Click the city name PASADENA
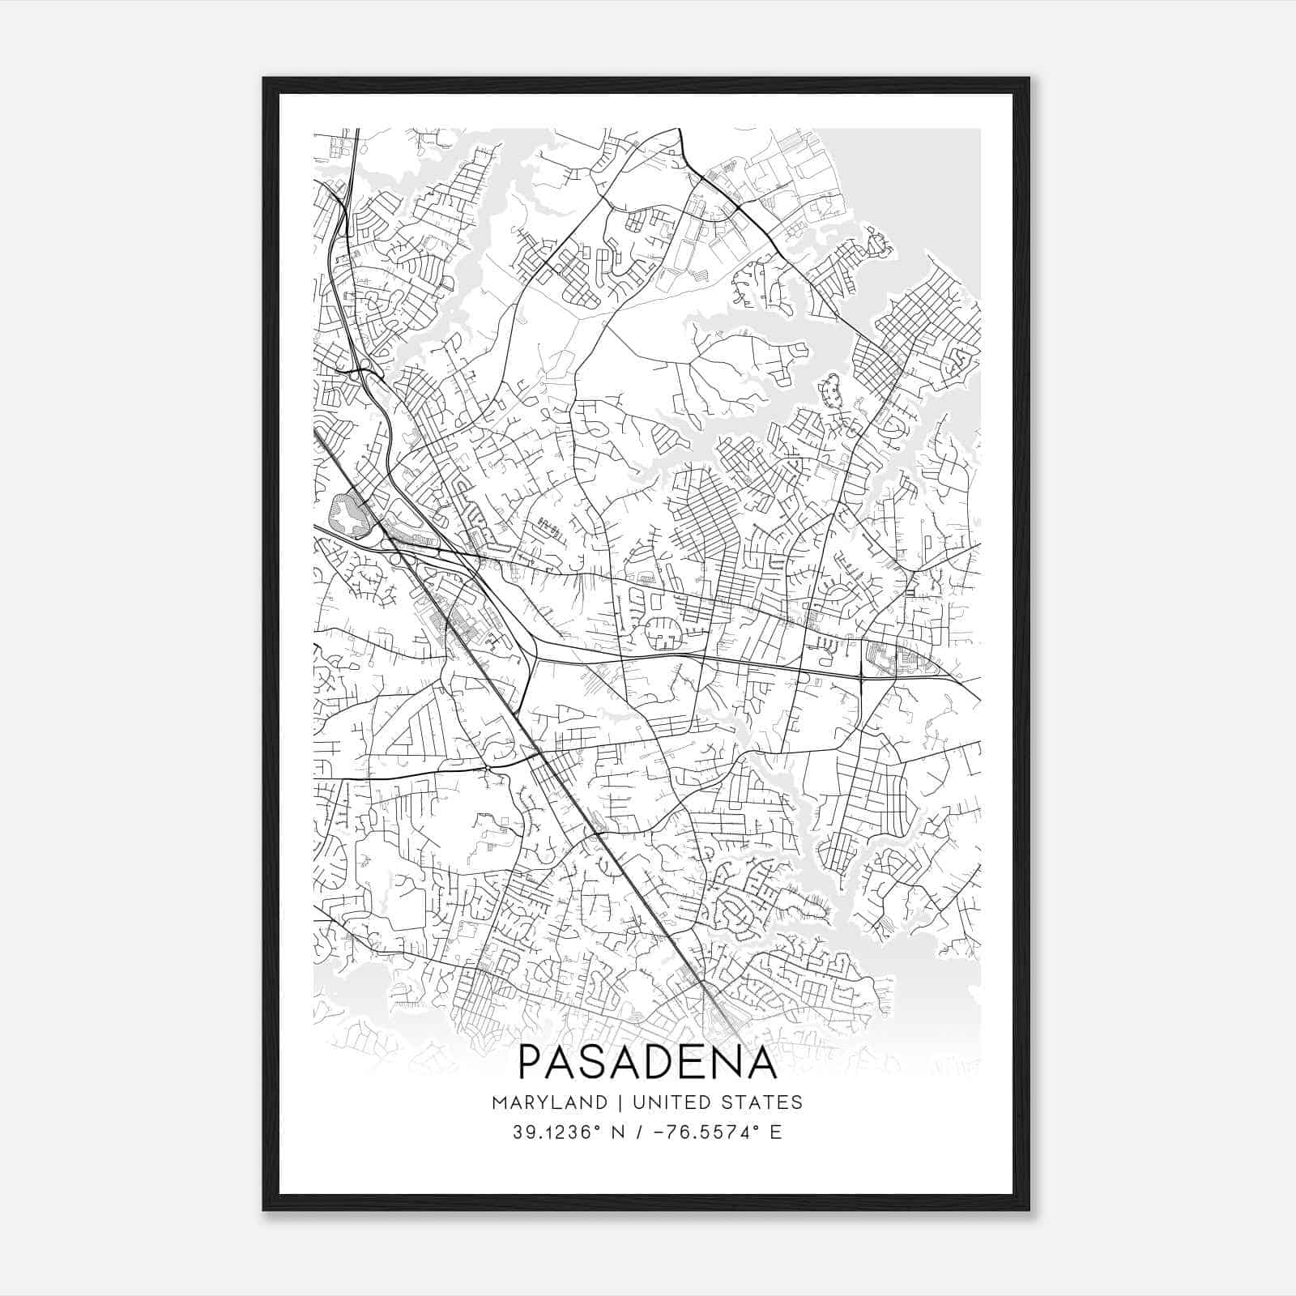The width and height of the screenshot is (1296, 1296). tap(647, 1062)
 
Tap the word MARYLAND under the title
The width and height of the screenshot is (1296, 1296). tap(548, 1102)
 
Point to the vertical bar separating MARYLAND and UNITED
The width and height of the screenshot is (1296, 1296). tap(619, 1102)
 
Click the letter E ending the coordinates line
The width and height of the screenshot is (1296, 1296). tap(776, 1132)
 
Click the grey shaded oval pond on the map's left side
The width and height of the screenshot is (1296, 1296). tap(346, 514)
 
